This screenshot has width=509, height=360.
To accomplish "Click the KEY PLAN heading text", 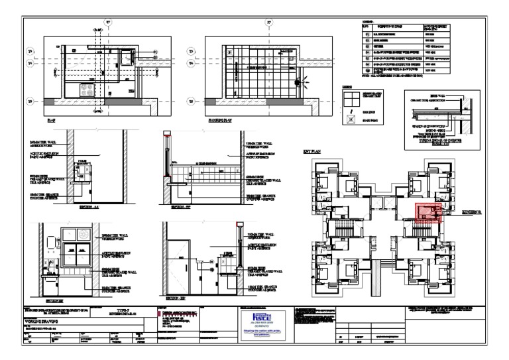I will (x=313, y=152).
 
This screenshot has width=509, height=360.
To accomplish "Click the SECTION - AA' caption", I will (x=88, y=207).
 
